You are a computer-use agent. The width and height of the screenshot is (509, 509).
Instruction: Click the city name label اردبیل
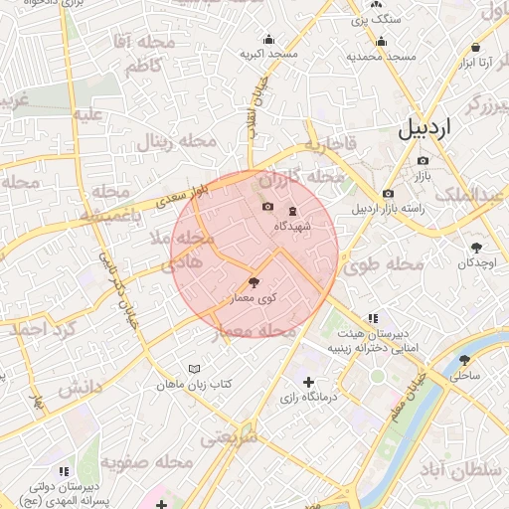pyautogui.click(x=438, y=128)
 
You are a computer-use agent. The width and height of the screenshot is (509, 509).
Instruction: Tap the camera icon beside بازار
pyautogui.click(x=424, y=161)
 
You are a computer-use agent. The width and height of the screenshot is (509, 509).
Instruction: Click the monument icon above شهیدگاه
pyautogui.click(x=292, y=211)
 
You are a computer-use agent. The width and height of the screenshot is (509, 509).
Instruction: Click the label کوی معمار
pyautogui.click(x=253, y=298)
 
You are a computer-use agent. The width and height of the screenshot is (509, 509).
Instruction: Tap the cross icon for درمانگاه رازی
pyautogui.click(x=308, y=382)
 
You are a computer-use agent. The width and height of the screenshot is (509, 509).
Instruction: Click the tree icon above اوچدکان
pyautogui.click(x=477, y=248)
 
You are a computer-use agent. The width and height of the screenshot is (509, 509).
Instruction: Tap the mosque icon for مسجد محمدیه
pyautogui.click(x=382, y=42)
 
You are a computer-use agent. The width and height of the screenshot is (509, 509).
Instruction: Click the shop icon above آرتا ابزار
pyautogui.click(x=476, y=48)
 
